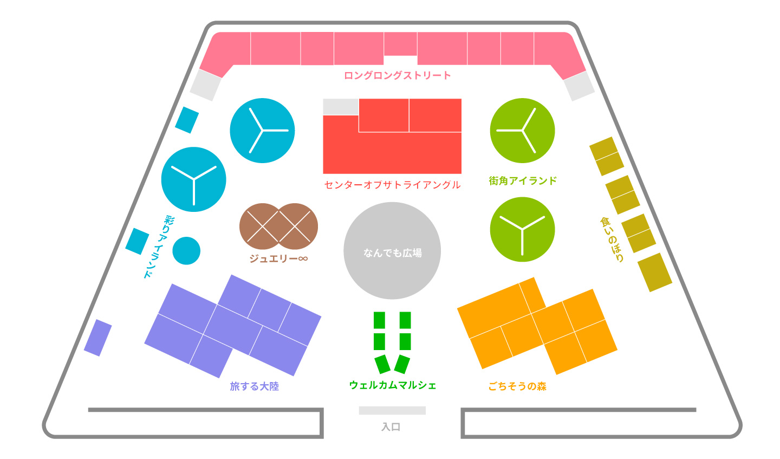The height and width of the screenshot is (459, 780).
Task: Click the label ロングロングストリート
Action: point(397,75)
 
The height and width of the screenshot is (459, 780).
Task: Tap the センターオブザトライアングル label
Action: point(392,185)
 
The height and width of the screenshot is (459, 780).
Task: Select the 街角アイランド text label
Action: point(523,180)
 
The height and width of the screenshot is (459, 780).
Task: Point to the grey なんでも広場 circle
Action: point(392,250)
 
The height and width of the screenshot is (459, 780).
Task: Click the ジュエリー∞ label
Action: point(278,258)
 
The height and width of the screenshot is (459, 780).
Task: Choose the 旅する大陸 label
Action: point(254,386)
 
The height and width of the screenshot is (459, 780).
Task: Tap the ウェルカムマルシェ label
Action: point(393,385)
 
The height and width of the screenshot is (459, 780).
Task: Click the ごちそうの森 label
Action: point(517,386)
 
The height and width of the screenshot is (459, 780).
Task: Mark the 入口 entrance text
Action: point(391,427)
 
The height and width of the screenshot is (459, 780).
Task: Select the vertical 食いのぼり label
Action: point(613,239)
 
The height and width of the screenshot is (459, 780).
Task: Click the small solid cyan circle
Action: point(186,251)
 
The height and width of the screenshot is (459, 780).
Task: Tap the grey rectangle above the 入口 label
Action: point(392,410)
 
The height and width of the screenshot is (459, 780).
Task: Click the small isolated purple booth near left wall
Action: point(98,338)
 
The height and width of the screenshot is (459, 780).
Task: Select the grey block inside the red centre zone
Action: point(340,107)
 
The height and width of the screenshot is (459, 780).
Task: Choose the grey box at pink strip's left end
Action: point(205,86)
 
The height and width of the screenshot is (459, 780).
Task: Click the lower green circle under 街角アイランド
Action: point(522,229)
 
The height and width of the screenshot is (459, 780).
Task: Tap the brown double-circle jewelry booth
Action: point(278,227)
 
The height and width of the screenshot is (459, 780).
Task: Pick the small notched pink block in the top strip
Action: point(400,43)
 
